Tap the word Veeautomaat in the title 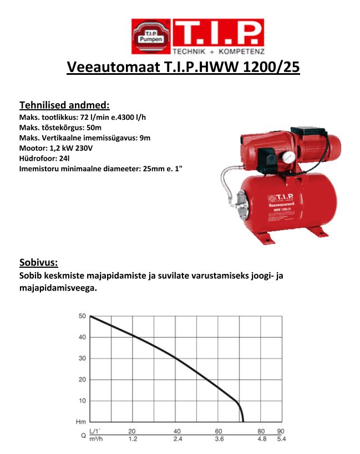pos(113,67)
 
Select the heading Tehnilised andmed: pos(64,105)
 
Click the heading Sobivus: pos(39,262)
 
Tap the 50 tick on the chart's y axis pos(82,316)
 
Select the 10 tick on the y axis pos(82,401)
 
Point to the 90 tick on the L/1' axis pos(281,431)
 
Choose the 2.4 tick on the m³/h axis pos(177,439)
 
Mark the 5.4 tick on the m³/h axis pos(281,439)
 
